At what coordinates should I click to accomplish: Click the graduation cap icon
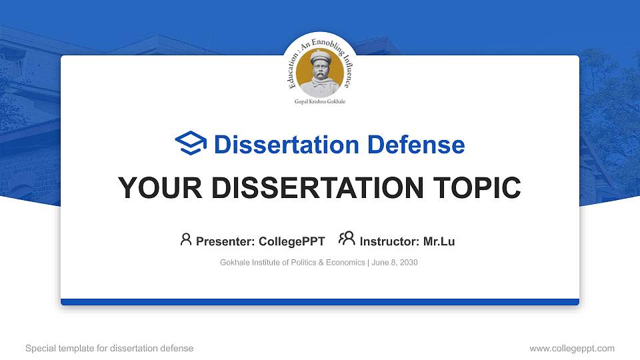coord(191,144)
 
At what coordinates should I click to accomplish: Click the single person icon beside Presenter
coord(186,239)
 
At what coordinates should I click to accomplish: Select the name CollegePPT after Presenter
coord(291,241)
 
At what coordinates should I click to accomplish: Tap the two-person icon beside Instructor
coord(347,239)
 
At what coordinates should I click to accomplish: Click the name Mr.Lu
coord(439,241)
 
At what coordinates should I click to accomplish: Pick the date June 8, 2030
coord(395,263)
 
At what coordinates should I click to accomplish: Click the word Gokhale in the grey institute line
coord(235,263)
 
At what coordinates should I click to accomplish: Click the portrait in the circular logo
coord(320,72)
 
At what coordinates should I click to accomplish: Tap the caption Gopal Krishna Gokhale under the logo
coord(320,102)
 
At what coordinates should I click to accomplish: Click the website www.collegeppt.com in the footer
coord(572,349)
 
